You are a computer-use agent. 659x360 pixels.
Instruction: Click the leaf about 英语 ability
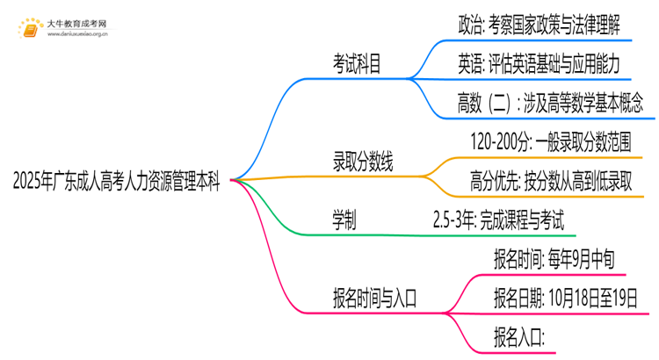pos(539,63)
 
